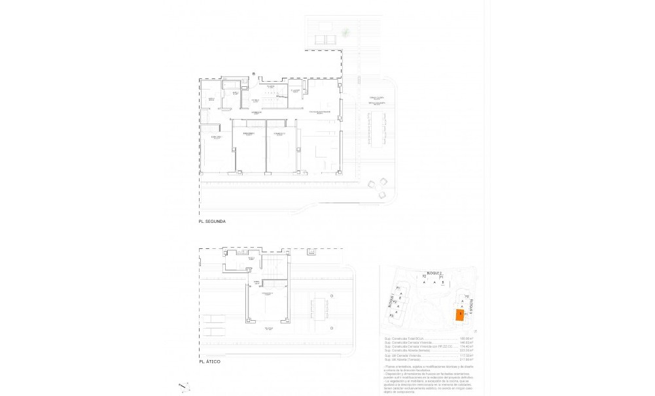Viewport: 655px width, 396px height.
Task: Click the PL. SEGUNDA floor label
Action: coord(212,222)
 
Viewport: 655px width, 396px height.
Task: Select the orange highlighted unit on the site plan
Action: coord(461,315)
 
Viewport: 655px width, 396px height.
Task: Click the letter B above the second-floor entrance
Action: coord(253,74)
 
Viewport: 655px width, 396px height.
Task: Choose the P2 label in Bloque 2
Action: coord(424,277)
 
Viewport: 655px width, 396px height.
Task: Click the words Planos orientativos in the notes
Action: coord(397,368)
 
